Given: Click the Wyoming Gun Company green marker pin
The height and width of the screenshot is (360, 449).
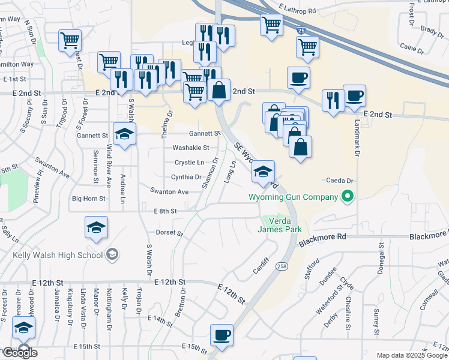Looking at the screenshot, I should click(346, 196).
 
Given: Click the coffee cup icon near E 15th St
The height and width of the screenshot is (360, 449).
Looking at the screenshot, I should click(221, 335).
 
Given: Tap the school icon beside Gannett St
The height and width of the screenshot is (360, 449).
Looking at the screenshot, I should click(125, 134).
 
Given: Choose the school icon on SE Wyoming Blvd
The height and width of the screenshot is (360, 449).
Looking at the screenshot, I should click(263, 171).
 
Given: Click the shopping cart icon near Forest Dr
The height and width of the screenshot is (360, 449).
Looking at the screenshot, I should click(70, 41).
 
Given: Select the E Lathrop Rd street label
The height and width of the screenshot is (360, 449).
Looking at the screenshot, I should click(298, 11).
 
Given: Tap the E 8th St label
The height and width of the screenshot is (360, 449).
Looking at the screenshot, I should click(165, 211).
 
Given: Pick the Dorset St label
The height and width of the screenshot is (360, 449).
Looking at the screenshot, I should click(169, 233).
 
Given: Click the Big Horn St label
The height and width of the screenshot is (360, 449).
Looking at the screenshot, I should click(88, 198).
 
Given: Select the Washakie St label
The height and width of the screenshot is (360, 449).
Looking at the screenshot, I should click(191, 148).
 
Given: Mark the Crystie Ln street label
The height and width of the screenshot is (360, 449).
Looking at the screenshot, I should click(189, 163).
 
